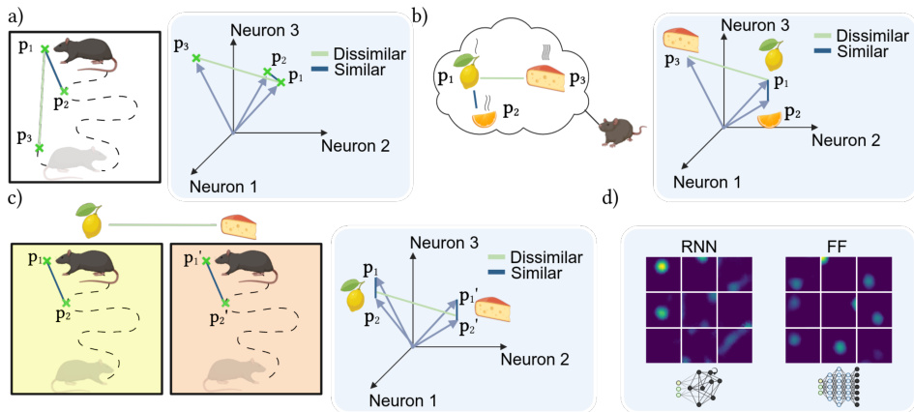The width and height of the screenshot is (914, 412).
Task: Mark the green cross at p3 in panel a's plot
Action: (196, 59)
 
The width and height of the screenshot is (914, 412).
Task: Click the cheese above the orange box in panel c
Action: (237, 225)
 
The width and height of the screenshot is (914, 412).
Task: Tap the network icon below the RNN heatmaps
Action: (697, 388)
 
